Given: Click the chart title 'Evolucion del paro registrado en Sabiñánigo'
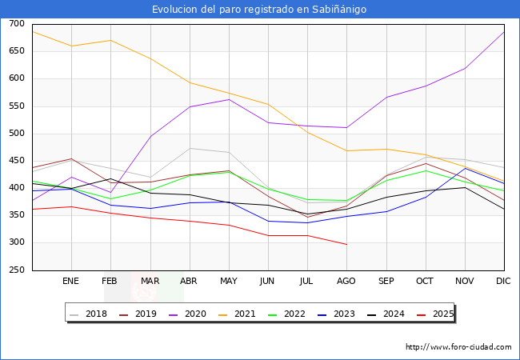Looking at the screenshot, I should point(259,10).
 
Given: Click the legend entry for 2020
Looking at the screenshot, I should point(200,314).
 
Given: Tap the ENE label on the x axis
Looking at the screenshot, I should point(71,281).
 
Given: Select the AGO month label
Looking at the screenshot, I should point(346,281).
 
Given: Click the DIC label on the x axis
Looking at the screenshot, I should point(503,281).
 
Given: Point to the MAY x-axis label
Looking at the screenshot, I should point(229,281).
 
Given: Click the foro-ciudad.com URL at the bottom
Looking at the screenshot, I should point(458,347).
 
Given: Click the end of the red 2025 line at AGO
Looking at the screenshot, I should point(346,244).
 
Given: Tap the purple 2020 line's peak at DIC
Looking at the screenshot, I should point(504,31).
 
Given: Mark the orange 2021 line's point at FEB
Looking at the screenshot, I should point(110,40).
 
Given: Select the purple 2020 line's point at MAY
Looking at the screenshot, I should point(229,99).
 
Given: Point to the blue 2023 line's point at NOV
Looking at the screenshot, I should point(465,168).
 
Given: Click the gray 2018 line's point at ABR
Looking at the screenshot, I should point(190,148).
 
